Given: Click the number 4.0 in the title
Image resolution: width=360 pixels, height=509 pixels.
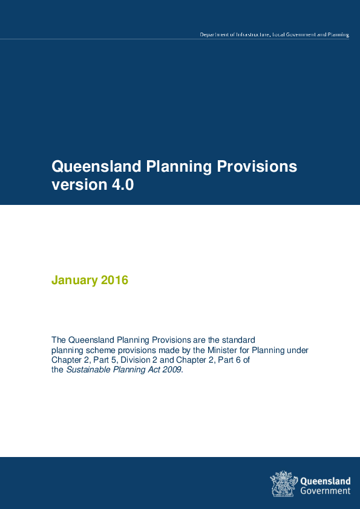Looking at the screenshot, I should point(122,185).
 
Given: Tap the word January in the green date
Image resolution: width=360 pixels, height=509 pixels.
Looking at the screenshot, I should point(74,280).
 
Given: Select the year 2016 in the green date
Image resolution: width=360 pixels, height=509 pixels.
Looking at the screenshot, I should point(115,280).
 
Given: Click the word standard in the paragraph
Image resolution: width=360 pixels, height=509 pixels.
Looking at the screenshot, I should point(240,340).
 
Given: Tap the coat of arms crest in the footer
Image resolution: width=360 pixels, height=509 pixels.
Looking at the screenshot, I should point(283,484).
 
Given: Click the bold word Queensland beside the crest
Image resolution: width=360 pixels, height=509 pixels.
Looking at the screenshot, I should point(325,481).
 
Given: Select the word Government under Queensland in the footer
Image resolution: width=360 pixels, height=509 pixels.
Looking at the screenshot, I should point(325,491).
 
